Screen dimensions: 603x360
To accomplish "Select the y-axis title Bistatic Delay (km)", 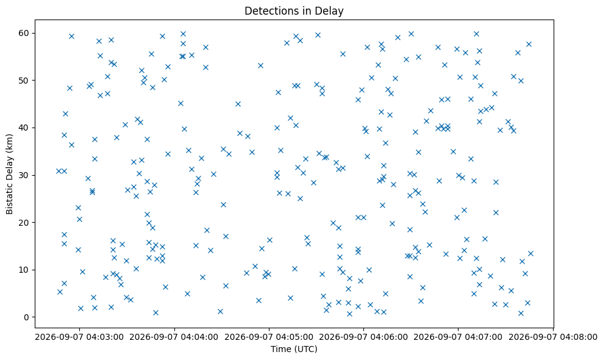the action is point(10,174).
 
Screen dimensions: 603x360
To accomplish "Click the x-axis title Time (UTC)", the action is point(294,349).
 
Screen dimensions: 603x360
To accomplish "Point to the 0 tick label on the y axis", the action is point(27,317).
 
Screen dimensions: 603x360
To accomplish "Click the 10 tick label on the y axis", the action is point(24,270).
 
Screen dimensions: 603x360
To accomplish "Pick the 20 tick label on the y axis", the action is point(24,223).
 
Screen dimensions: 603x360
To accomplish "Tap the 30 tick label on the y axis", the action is point(24,175).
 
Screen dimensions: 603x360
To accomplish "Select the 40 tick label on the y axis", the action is point(24,128).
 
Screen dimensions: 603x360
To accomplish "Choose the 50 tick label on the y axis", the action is point(24,81).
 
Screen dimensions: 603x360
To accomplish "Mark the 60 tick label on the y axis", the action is point(24,33).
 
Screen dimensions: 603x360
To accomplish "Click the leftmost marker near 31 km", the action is point(59,171).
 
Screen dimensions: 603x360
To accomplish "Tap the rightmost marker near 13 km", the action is point(530,253).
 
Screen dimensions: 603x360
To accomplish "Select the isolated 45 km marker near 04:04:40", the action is point(238,104).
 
